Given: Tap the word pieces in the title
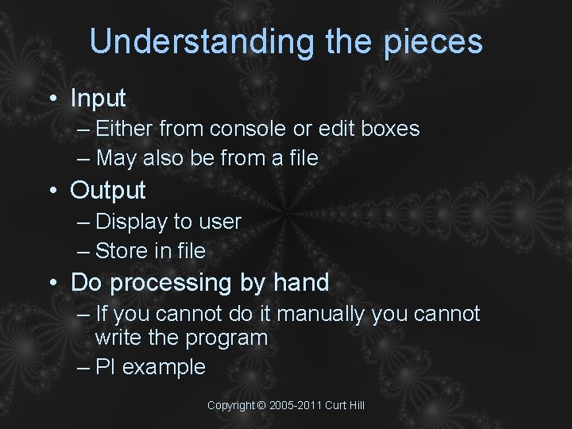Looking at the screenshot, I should [x=432, y=42].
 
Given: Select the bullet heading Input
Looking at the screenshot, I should [x=98, y=99].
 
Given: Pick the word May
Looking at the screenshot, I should [x=117, y=159].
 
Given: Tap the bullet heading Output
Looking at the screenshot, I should [x=108, y=191].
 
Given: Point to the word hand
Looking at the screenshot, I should [x=301, y=283].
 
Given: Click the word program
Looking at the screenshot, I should [x=226, y=338].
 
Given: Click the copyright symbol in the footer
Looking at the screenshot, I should [x=261, y=405].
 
